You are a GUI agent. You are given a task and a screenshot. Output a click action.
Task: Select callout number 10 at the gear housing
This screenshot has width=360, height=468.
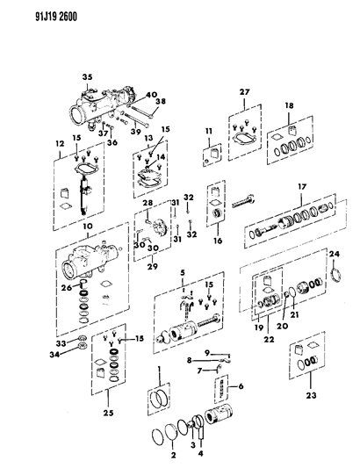86,227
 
